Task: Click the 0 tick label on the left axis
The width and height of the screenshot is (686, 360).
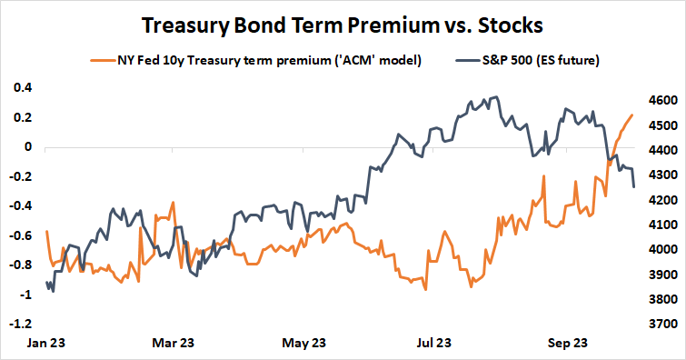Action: (27, 147)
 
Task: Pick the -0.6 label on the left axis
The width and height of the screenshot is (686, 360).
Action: (20, 235)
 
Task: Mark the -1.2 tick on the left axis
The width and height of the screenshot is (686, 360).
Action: (20, 324)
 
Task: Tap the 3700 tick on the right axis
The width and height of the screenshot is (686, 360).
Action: (659, 324)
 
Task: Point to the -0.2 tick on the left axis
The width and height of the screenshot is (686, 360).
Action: (20, 176)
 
